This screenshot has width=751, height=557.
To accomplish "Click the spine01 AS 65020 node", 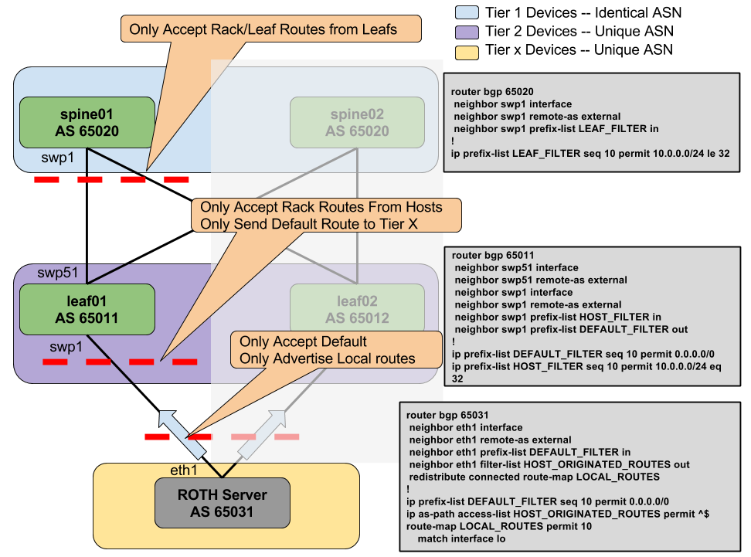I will [87, 123].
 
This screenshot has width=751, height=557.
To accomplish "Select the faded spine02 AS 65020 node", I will [357, 123].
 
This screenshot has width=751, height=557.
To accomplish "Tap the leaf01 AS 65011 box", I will [87, 310].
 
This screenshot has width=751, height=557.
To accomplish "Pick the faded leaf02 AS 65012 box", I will [357, 310].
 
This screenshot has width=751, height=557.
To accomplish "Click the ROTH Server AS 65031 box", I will [223, 503].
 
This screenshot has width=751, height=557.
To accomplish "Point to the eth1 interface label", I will [184, 470].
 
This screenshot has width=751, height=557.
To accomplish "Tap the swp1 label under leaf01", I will [66, 348].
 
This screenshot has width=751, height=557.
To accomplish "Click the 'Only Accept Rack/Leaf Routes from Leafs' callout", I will [270, 29].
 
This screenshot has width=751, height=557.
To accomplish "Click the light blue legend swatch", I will [467, 12].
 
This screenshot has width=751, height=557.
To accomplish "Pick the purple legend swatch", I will [467, 32].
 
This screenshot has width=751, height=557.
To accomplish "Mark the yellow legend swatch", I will [467, 53].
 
